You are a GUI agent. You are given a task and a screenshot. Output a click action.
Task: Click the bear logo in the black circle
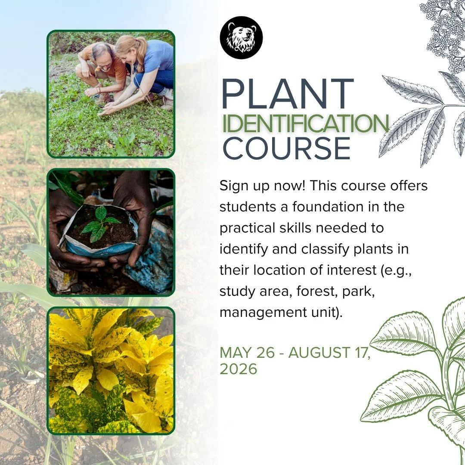point(241,37)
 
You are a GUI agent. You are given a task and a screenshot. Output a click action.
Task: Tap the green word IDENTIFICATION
point(305,124)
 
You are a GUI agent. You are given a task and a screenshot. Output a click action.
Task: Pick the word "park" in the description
point(358,291)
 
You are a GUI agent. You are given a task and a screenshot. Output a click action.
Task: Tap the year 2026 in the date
point(238,369)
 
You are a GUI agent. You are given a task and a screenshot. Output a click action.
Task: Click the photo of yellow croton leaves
point(111,371)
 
